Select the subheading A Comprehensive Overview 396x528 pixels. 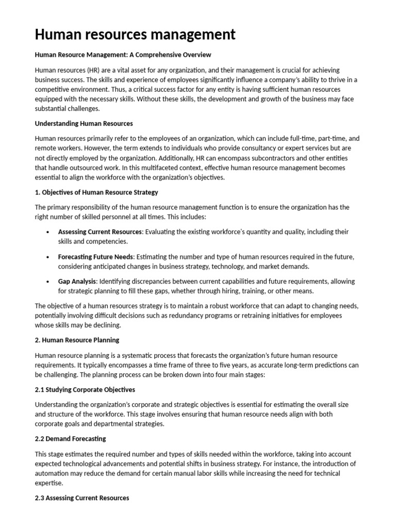(x=168, y=55)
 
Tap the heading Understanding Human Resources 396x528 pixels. (x=84, y=123)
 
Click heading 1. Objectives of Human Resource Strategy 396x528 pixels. (x=96, y=192)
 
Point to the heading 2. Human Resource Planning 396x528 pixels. (x=77, y=340)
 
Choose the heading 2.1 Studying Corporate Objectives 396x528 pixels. (x=85, y=389)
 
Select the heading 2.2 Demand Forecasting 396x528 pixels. (x=70, y=439)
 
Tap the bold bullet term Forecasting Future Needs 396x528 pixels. (x=95, y=257)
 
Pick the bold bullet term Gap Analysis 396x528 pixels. (x=77, y=282)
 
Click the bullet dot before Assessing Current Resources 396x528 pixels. (x=47, y=232)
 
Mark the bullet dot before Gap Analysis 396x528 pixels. (x=47, y=282)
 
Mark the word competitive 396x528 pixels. (x=55, y=89)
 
